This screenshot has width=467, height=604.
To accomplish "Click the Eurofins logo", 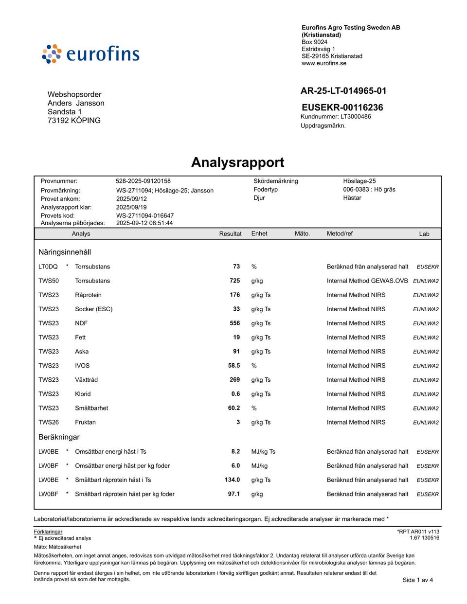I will (91, 54).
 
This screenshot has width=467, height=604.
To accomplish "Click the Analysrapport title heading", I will (237, 162).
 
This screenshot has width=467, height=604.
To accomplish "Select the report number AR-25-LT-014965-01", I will (343, 91).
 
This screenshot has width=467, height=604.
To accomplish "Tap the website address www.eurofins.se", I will (324, 63).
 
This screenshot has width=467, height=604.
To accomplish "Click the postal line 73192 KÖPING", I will (74, 121).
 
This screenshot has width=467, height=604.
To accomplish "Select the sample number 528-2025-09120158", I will (143, 181).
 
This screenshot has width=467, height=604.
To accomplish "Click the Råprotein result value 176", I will (235, 295).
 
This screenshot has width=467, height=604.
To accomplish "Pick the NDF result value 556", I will (235, 323).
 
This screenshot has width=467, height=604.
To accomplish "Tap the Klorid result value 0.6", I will (235, 394).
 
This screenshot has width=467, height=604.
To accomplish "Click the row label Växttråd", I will (86, 380).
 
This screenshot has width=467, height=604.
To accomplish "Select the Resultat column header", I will (230, 234).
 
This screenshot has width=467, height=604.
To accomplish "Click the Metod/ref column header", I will (340, 234).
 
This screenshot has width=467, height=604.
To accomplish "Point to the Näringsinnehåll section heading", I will (65, 252).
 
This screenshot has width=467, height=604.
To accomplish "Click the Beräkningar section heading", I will (59, 437).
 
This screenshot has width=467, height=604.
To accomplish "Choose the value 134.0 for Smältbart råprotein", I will (232, 480).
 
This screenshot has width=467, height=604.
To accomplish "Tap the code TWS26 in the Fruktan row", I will (49, 422).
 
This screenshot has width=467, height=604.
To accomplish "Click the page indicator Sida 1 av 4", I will (417, 580).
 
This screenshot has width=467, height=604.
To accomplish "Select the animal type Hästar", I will (352, 198).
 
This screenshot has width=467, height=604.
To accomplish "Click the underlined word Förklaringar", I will (48, 532).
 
